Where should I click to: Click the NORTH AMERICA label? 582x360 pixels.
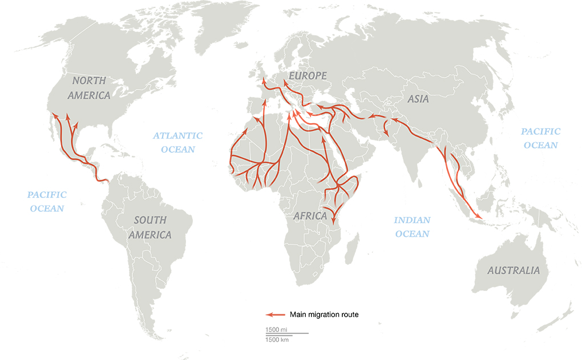[89, 87]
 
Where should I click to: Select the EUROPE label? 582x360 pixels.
[308, 76]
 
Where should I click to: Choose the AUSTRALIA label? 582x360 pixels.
[513, 270]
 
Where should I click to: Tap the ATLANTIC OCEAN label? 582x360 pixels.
[177, 142]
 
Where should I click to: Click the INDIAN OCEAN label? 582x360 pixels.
[413, 226]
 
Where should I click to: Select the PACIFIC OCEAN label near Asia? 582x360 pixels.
[540, 138]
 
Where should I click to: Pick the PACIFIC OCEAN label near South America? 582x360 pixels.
[47, 201]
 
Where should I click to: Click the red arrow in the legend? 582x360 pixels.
[275, 314]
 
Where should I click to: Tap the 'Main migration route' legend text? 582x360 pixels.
[324, 314]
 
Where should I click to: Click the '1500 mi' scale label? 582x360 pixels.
[276, 330]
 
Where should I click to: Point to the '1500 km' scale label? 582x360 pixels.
[277, 340]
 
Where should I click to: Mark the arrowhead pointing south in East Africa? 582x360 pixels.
[334, 218]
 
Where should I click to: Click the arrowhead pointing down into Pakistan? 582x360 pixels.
[387, 134]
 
